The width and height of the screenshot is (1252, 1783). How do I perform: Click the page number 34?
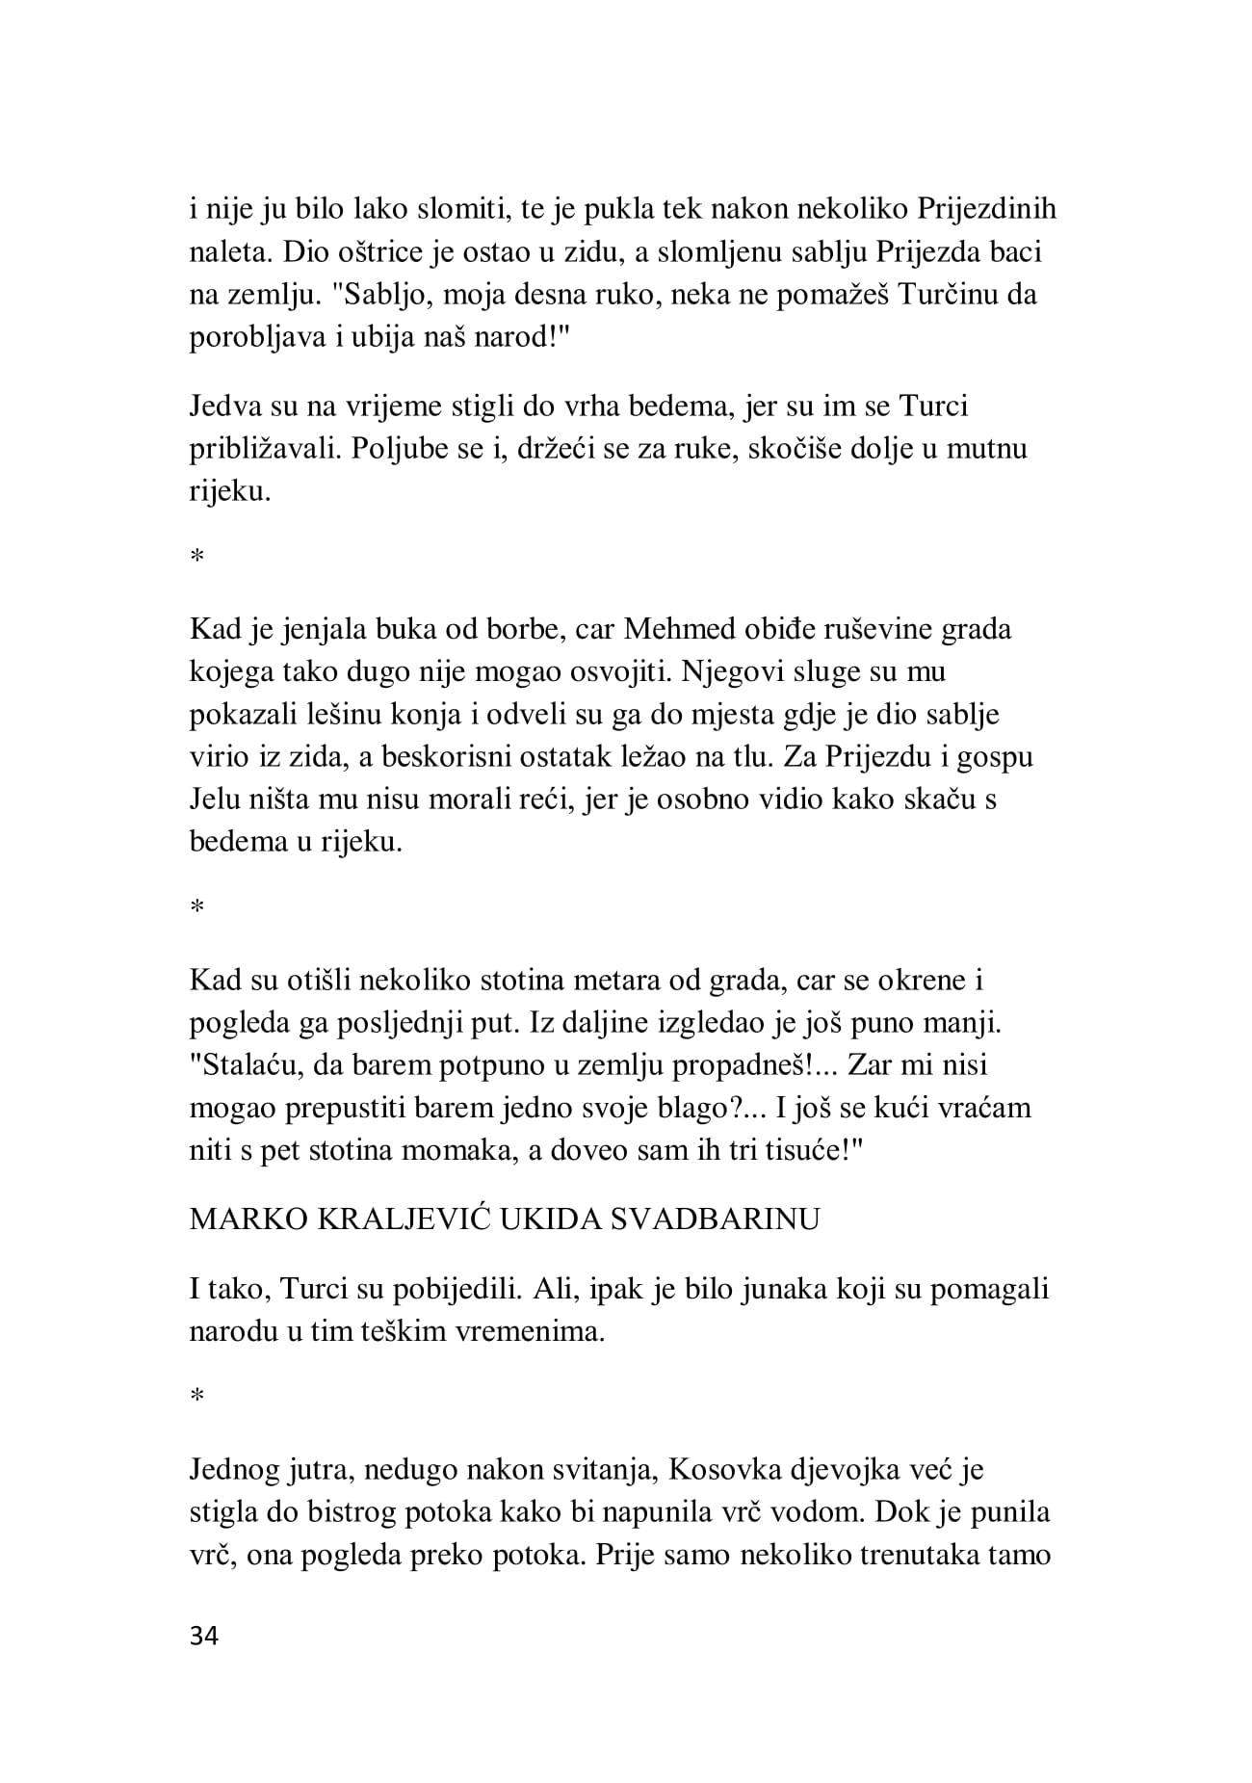point(204,1637)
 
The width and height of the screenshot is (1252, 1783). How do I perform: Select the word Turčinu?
point(948,295)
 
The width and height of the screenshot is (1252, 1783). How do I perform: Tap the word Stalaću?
point(248,1066)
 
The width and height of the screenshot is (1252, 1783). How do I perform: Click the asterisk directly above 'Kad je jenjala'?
point(196,558)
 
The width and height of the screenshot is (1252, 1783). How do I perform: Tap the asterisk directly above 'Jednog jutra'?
point(196,1399)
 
